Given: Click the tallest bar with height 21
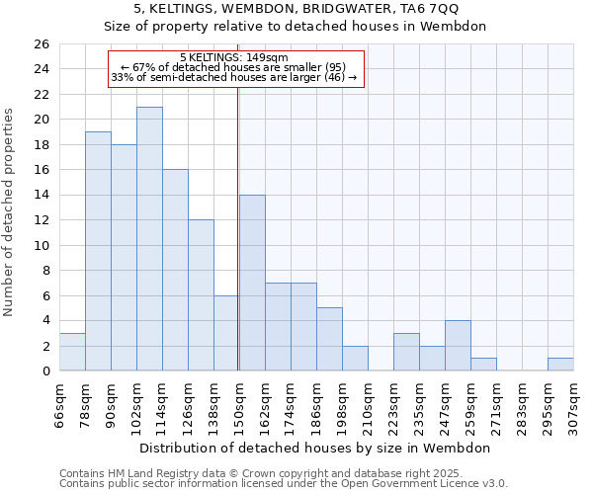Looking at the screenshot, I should [x=149, y=239].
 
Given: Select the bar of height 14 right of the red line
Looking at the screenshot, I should [x=252, y=283].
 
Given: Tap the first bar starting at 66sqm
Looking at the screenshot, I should [x=72, y=352].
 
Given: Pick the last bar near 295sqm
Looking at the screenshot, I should [x=560, y=364].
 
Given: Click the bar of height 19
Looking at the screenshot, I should [x=98, y=251].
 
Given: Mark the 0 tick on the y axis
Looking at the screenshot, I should [x=44, y=371].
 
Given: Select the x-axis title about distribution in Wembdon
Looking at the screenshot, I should [x=315, y=448].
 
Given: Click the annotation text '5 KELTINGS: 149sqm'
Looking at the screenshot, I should [x=234, y=57].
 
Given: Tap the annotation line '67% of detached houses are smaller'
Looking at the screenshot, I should [x=234, y=67].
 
